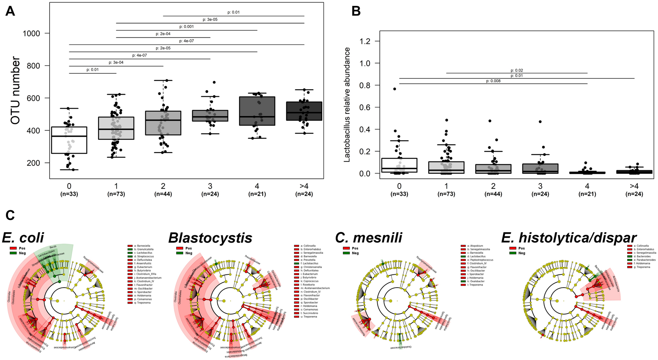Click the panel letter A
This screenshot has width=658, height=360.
[10, 11]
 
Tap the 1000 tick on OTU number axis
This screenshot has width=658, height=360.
[31, 33]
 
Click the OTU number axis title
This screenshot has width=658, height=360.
[15, 90]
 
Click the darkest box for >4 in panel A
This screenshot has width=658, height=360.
[304, 111]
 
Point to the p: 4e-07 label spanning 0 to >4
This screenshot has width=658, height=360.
[186, 41]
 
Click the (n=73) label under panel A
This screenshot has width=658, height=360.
[116, 194]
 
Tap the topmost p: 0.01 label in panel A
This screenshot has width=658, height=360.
[233, 12]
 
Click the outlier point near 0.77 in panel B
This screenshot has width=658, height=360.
[395, 89]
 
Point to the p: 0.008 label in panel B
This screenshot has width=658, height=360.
[493, 81]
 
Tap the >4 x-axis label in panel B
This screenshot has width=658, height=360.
[634, 186]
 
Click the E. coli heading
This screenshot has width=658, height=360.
[23, 238]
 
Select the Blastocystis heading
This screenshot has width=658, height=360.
[210, 238]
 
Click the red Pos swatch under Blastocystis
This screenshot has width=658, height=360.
[179, 248]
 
